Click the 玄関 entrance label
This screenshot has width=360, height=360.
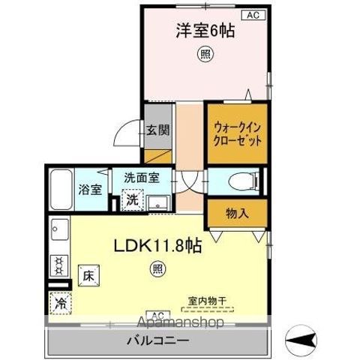point(157,129)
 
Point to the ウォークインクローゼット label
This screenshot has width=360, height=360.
point(238,133)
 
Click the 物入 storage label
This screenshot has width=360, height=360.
point(238,214)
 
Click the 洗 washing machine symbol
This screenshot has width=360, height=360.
point(131,200)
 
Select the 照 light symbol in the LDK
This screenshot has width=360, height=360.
point(157,267)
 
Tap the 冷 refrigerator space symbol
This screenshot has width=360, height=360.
point(59,304)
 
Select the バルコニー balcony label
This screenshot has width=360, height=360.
point(157,340)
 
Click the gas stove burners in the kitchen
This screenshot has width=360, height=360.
point(56,265)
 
